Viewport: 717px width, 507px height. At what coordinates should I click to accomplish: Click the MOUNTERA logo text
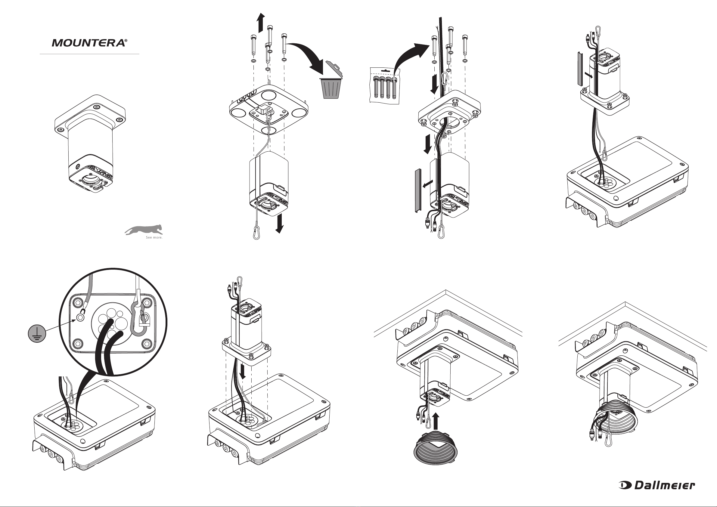point(88,43)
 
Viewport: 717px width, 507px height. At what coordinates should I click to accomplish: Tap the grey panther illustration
point(144,230)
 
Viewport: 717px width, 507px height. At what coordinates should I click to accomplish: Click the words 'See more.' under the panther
point(154,238)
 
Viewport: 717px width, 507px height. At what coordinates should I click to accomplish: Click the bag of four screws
point(384,86)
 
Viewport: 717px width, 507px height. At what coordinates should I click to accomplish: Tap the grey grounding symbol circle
point(37,333)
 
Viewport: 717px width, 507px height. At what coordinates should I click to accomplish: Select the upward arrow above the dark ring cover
point(436,421)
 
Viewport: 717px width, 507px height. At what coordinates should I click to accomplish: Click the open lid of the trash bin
point(334,69)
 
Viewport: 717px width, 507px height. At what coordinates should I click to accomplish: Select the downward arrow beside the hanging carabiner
point(280,224)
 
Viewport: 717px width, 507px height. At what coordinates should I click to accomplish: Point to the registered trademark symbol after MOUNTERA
point(126,41)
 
